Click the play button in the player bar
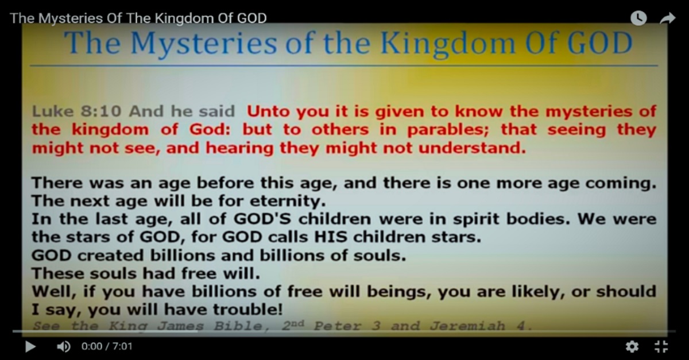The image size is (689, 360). coord(30,346)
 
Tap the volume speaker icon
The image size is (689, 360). coord(64,346)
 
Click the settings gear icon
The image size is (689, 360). coord(632,346)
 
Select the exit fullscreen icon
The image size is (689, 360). coord(661,346)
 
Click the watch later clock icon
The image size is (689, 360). coord(638,18)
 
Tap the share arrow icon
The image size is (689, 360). coord(667,18)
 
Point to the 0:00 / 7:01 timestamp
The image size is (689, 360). coord(107,347)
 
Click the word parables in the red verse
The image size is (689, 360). coord(444,130)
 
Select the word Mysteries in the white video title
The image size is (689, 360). coord(72,18)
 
